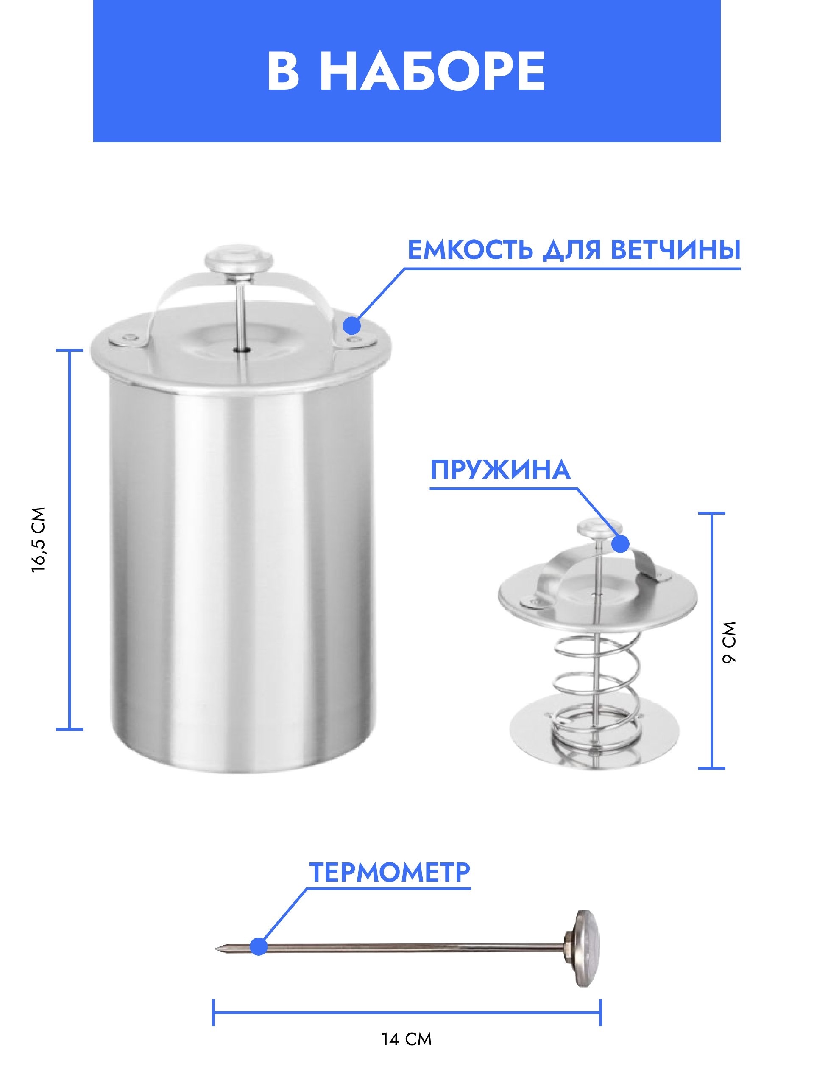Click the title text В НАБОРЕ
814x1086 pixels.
406,70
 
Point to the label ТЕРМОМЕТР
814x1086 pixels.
390,871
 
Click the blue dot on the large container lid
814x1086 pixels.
352,325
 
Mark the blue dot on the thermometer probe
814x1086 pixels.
259,946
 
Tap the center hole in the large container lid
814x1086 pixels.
241,350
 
